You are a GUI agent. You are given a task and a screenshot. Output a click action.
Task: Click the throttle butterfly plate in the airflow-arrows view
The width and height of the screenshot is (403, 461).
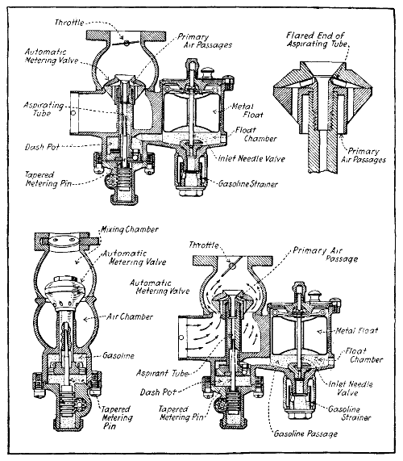[x=232, y=263]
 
